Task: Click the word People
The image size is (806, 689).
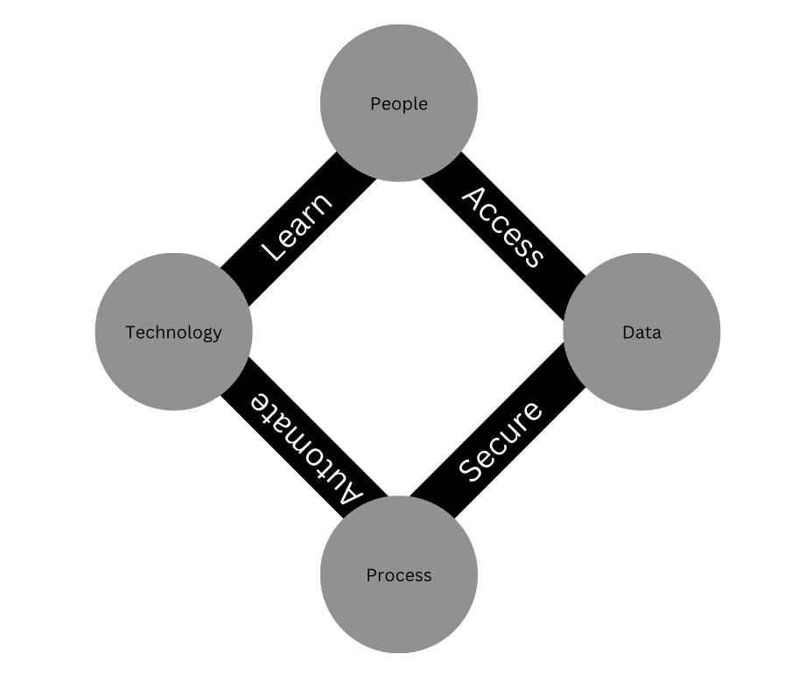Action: (x=399, y=104)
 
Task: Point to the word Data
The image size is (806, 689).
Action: (x=641, y=333)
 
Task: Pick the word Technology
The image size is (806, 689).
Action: (x=173, y=333)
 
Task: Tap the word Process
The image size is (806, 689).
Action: (x=399, y=575)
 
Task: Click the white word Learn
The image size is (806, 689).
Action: (x=298, y=227)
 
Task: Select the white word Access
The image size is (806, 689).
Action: (x=502, y=226)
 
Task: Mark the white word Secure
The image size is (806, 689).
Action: (x=501, y=441)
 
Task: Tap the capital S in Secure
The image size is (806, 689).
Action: (x=473, y=468)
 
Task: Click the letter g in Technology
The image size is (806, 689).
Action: (x=207, y=334)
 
